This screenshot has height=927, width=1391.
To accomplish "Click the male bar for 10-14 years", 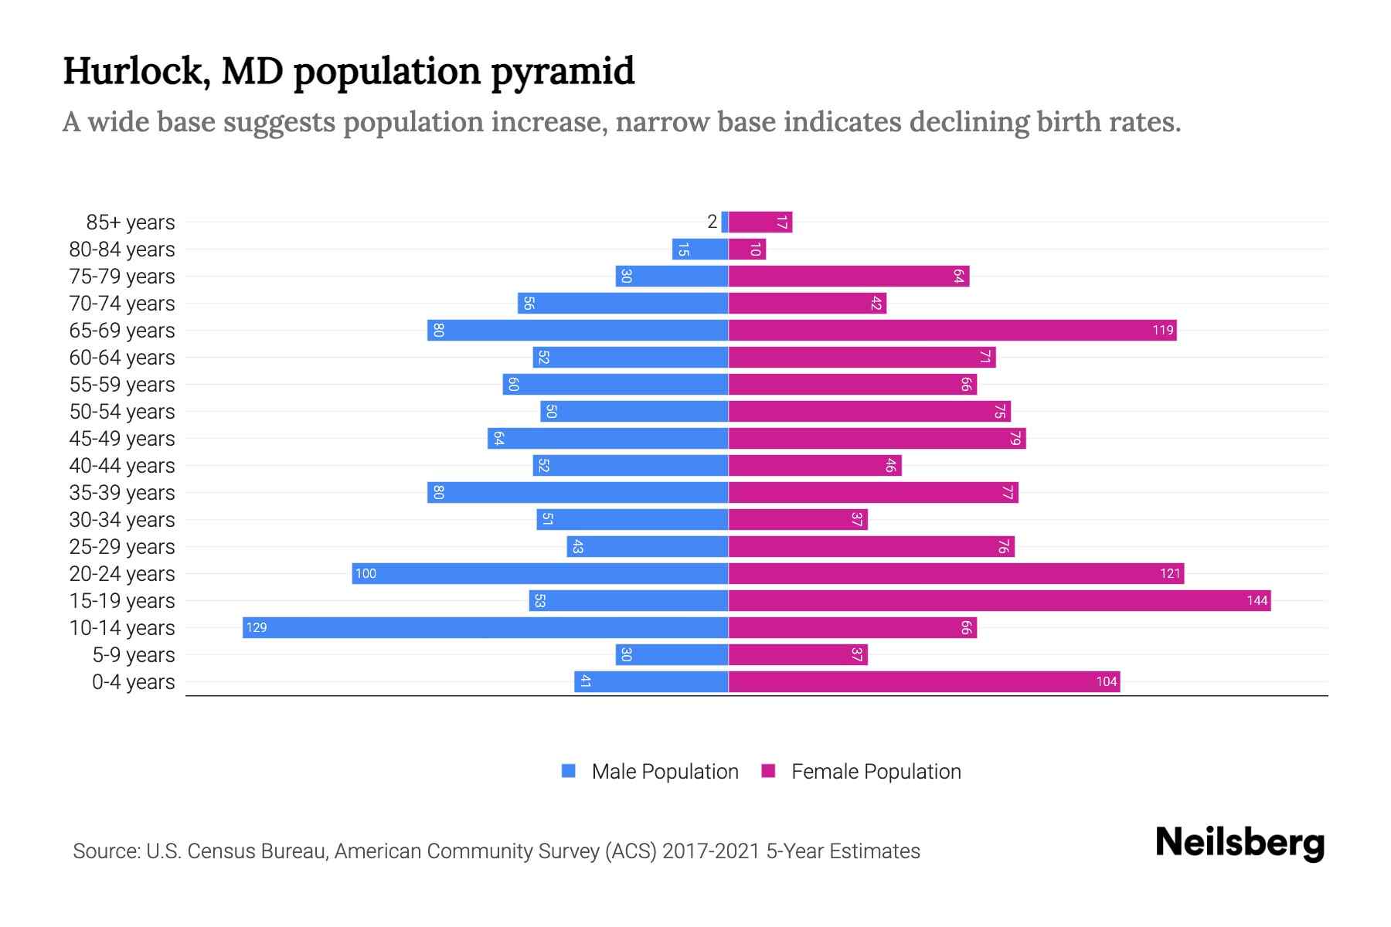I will coord(485,627).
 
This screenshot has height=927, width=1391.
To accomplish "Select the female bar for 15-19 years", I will coord(999,600).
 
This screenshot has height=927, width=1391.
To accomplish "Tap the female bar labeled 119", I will coord(952,330).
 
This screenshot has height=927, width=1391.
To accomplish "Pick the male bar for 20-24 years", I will coord(540,573).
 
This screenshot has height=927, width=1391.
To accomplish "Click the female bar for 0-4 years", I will coord(924,681).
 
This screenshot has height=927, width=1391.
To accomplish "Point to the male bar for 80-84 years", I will coord(700,249).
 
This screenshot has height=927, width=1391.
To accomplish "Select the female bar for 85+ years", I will coord(760,222).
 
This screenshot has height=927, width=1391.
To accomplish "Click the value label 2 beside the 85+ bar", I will coord(712,222).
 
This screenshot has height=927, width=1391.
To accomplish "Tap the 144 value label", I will coord(1257,600).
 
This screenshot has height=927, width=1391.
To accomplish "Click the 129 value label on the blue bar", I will coord(257,627).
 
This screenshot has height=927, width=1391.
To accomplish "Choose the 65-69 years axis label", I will coord(122,330).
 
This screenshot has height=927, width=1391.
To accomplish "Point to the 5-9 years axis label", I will coord(134,654).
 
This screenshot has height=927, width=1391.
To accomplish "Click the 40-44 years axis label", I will coord(122,465).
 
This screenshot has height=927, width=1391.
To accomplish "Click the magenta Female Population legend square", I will coord(768,771).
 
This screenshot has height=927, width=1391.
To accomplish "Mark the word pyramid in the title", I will coord(563,71).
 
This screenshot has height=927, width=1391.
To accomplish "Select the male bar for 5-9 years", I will coord(672,654).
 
